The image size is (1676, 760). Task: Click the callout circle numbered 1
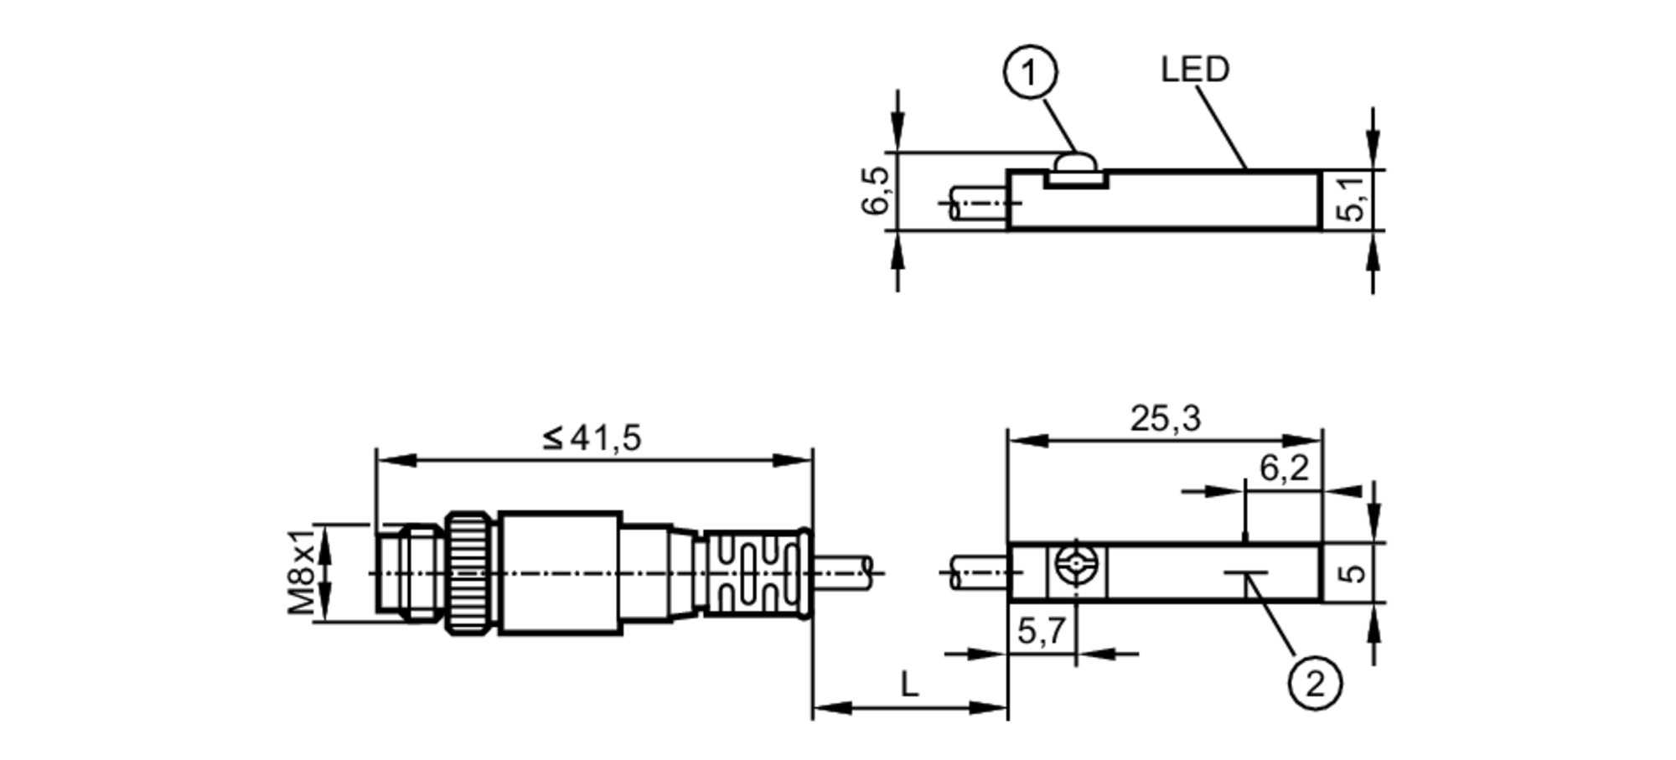click(1030, 74)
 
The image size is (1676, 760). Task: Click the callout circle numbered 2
click(1314, 684)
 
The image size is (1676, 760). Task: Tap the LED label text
click(1194, 70)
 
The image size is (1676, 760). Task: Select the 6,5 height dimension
click(875, 191)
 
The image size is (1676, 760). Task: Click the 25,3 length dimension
click(1164, 419)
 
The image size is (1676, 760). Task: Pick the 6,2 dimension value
click(1283, 468)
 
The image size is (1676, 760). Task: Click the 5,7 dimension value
click(1041, 630)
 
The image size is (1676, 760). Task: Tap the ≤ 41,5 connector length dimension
click(592, 437)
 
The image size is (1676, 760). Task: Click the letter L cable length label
click(909, 685)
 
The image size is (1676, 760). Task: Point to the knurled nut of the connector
click(472, 573)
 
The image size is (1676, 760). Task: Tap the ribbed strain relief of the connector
click(752, 574)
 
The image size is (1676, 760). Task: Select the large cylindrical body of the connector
click(560, 573)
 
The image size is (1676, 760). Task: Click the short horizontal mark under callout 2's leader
click(1245, 574)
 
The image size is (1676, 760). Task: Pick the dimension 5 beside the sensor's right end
click(1351, 573)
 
